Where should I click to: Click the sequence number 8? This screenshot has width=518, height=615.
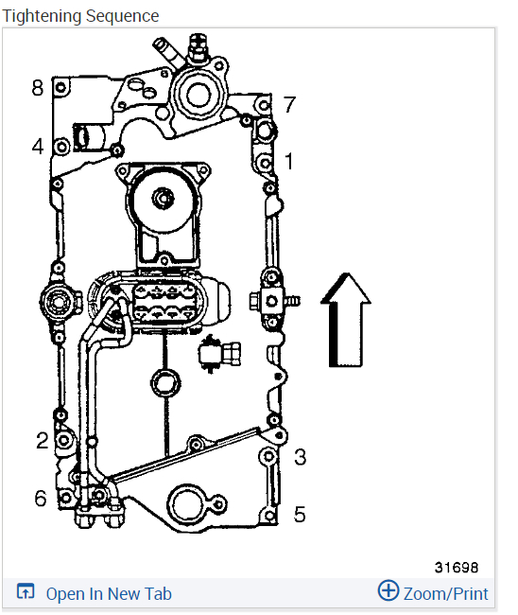coord(37,87)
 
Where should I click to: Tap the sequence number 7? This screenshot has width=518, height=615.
coord(289,104)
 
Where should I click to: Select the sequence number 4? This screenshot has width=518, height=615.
coord(38,147)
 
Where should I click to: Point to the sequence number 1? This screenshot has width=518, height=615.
coord(289,161)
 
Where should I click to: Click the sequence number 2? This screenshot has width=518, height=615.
coord(43,440)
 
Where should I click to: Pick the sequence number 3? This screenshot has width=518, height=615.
coord(300,457)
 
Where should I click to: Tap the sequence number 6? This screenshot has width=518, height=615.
coord(41,498)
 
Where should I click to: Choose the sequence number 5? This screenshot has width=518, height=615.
coord(300,514)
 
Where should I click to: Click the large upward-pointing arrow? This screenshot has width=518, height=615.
coord(346,320)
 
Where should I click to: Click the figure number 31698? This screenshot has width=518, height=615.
coord(457,567)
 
